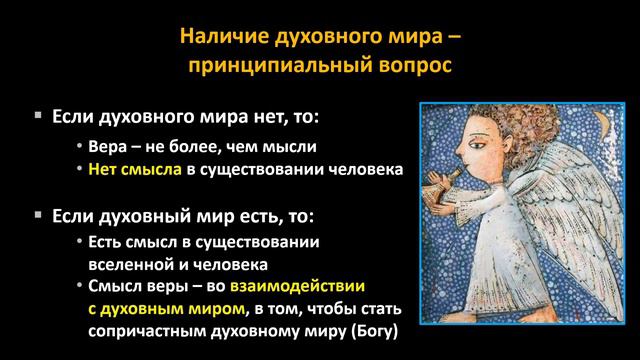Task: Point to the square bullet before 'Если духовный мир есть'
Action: pos(38,215)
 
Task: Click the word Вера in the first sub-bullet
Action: pos(107,145)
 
